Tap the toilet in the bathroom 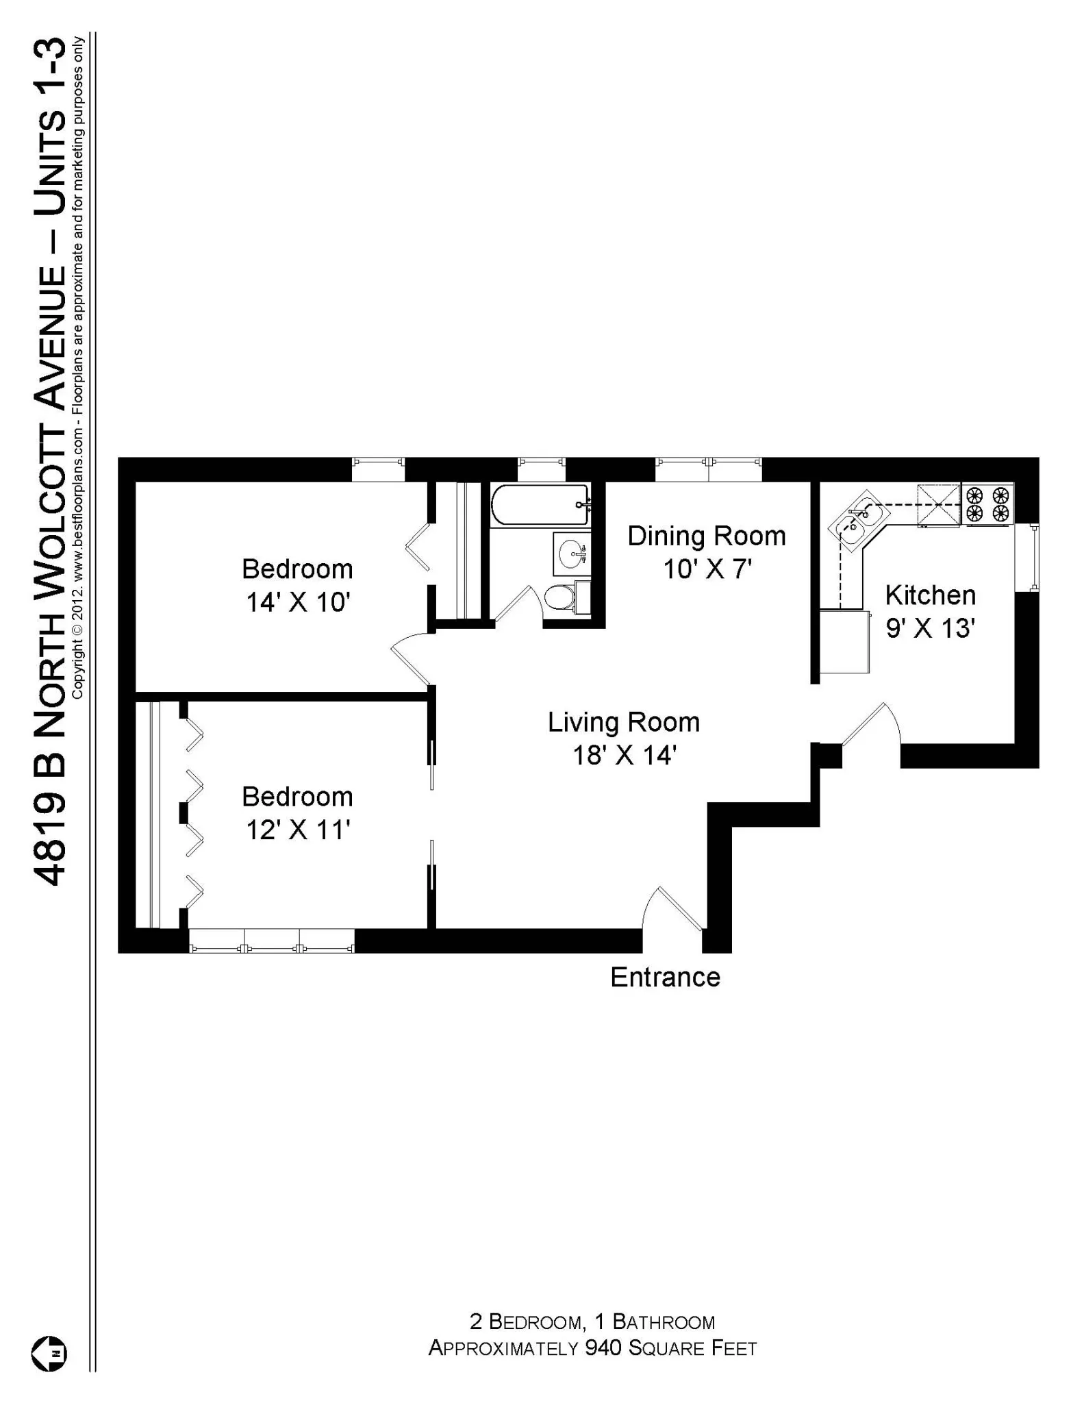pos(560,598)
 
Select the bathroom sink pos(570,554)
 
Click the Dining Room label pos(707,536)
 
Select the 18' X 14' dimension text pos(625,756)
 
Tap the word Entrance pos(665,977)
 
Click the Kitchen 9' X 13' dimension pos(930,628)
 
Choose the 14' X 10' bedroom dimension pos(298,602)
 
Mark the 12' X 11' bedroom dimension pos(298,830)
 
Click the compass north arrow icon pos(49,1354)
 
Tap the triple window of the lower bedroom pos(272,941)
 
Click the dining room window pos(708,470)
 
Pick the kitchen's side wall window pos(1034,557)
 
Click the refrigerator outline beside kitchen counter pos(845,641)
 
